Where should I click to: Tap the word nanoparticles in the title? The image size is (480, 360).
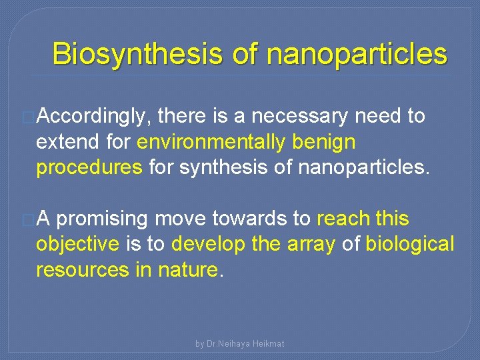(356, 54)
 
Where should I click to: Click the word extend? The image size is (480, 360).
(67, 142)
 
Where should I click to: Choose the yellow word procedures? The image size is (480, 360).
(89, 167)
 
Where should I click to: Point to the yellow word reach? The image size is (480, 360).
(343, 219)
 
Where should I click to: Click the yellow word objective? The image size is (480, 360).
(77, 244)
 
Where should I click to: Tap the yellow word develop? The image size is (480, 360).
(207, 244)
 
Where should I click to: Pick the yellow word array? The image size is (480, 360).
(311, 244)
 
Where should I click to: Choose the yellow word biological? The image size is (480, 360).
(410, 244)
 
